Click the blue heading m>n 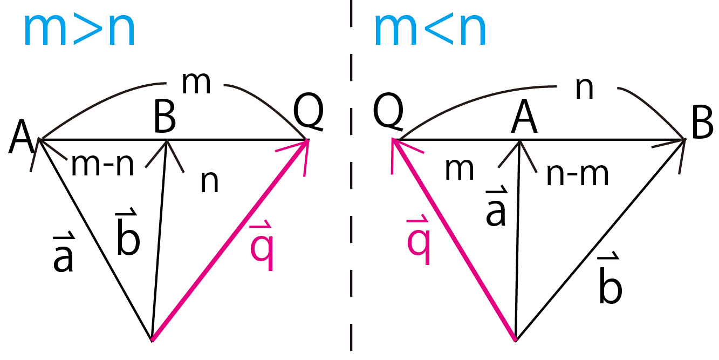point(79,30)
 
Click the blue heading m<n point(430,30)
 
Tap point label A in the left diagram point(21,137)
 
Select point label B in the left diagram point(165,116)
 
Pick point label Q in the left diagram point(309,112)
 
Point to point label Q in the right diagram point(388,112)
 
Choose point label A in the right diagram point(524,116)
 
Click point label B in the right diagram point(703,123)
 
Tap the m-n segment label point(102,165)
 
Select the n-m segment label point(578,174)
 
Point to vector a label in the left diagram point(64,252)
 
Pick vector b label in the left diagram point(128,232)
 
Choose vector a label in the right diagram point(496,207)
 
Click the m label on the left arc point(196,83)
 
